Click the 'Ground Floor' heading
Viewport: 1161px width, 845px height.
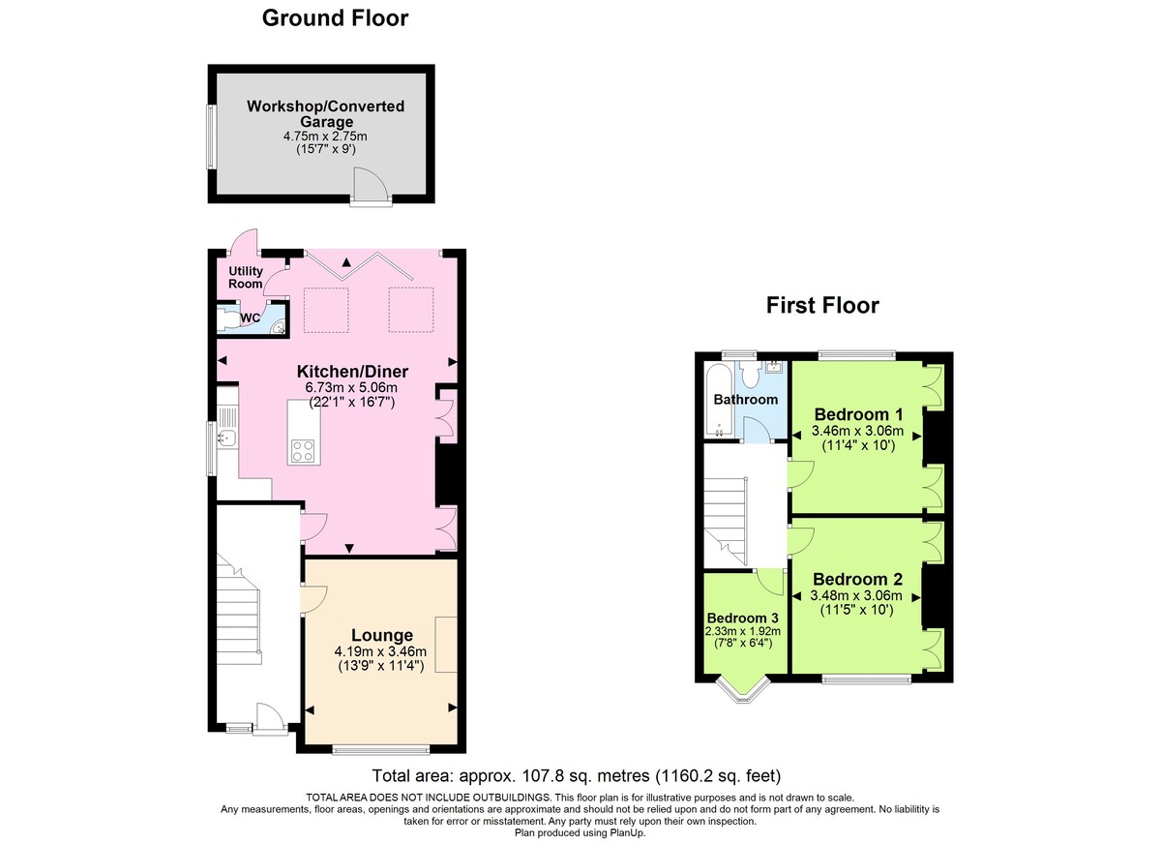tap(336, 17)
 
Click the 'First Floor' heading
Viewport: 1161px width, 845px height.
tap(822, 306)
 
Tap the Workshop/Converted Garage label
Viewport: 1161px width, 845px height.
tap(325, 113)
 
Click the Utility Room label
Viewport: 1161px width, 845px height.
tap(246, 277)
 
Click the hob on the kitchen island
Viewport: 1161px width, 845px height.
tap(302, 449)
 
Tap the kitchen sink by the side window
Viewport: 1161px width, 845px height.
tap(225, 438)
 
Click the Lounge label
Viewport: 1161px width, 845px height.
tap(381, 635)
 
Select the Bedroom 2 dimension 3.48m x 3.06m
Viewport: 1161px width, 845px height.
tap(856, 595)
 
